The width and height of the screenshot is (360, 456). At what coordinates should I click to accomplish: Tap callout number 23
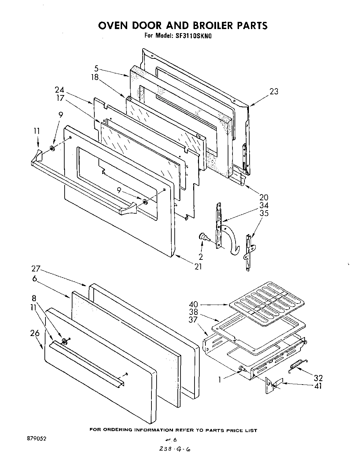(274, 92)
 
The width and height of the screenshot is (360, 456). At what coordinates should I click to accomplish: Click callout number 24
(59, 90)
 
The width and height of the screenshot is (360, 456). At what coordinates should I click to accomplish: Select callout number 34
(264, 205)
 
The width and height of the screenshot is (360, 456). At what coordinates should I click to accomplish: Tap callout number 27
(36, 268)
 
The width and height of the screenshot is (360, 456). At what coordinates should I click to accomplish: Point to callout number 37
(194, 320)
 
